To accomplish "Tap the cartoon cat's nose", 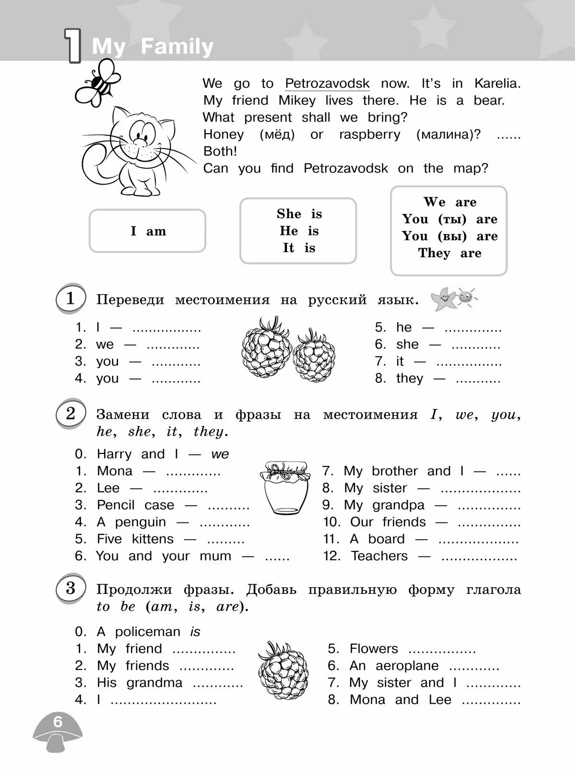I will point(140,142).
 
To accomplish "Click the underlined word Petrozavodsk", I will point(327,83).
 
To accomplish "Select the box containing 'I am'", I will point(148,231).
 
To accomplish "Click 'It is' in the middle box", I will point(299,248).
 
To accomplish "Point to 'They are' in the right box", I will point(449,253).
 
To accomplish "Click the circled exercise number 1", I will point(70,298).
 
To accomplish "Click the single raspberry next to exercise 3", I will point(283,670).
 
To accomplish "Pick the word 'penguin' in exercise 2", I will point(140,522).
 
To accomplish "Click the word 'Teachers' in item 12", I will point(379,556).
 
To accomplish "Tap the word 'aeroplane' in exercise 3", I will point(407,666).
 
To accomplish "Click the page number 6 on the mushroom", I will point(58,722).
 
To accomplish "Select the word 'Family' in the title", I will point(177,46).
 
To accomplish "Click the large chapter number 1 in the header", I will point(73,46).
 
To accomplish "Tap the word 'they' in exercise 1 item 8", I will point(410,379).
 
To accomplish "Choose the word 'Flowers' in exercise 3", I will point(374,649).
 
